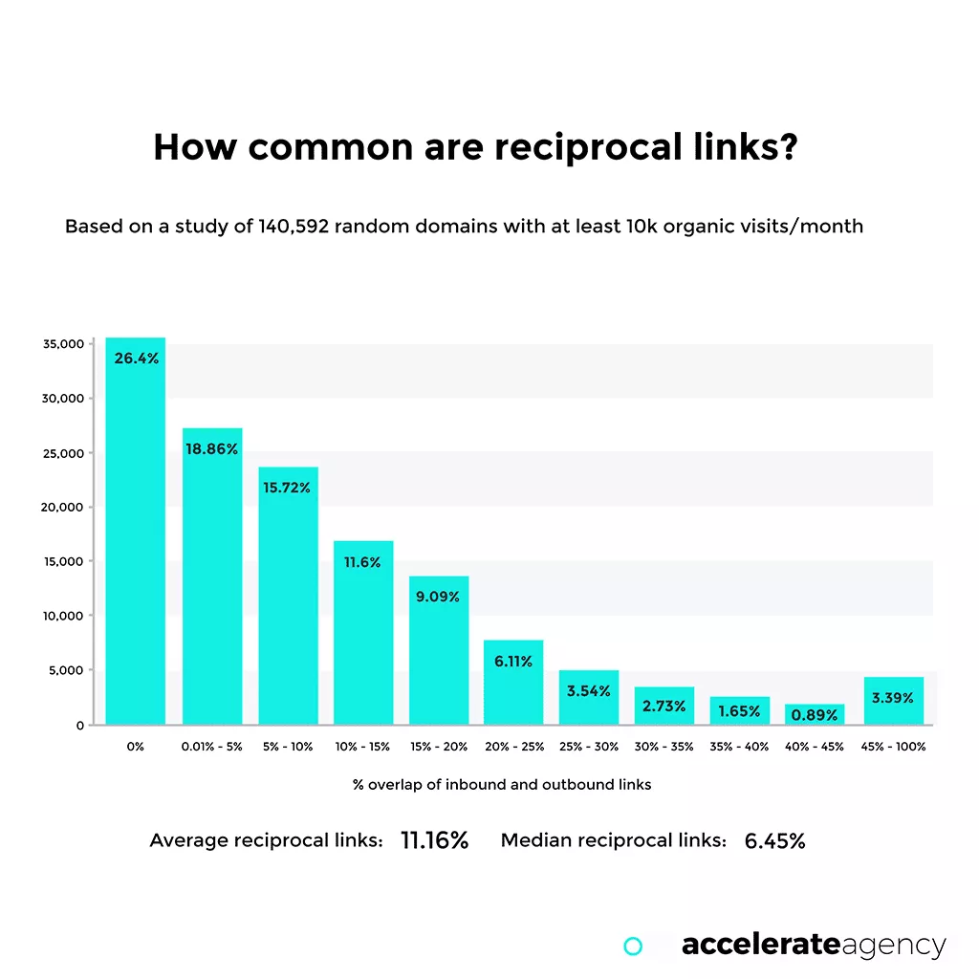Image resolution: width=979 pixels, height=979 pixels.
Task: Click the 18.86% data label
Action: [x=211, y=449]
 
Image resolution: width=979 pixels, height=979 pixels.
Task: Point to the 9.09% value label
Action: [x=439, y=597]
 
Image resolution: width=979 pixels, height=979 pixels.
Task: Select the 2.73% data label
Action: [x=664, y=707]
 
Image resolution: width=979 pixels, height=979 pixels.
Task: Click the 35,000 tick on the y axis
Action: [x=63, y=343]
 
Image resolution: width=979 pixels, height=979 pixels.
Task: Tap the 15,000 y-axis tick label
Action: [x=63, y=561]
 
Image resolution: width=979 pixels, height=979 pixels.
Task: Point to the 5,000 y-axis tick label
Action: [x=67, y=670]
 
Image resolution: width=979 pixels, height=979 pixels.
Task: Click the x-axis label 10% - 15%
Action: [x=362, y=747]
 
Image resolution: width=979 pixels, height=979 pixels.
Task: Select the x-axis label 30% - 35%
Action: [x=664, y=747]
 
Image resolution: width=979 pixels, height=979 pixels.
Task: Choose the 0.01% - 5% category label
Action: [x=211, y=747]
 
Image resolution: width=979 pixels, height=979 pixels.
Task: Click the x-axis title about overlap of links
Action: [x=502, y=784]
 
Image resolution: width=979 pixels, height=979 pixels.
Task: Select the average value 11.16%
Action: [x=434, y=841]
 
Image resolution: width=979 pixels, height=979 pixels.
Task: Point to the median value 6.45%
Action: [x=774, y=841]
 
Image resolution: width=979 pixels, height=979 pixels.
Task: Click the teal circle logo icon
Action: [x=632, y=946]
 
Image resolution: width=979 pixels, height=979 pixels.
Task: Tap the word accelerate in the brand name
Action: [x=761, y=946]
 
